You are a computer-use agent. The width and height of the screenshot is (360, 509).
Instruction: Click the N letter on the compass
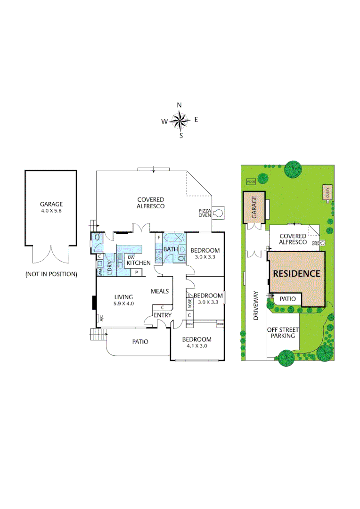pyautogui.click(x=179, y=105)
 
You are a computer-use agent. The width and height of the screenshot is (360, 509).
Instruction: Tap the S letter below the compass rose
pyautogui.click(x=180, y=136)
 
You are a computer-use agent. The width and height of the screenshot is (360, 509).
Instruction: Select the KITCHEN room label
pyautogui.click(x=139, y=263)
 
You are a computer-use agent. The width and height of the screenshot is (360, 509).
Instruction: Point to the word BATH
pyautogui.click(x=170, y=249)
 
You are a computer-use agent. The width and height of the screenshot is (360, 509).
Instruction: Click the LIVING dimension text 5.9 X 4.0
pyautogui.click(x=124, y=304)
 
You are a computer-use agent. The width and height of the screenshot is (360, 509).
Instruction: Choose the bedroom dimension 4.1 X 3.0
pyautogui.click(x=196, y=345)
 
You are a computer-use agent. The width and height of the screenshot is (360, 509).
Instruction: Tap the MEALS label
pyautogui.click(x=160, y=291)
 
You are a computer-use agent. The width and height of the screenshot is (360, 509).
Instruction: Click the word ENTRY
pyautogui.click(x=162, y=315)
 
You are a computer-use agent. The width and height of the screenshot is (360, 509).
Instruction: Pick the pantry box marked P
pyautogui.click(x=137, y=272)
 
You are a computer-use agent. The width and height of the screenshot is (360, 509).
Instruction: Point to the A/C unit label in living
pyautogui.click(x=100, y=319)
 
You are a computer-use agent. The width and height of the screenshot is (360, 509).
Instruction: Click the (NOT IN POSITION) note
pyautogui.click(x=51, y=274)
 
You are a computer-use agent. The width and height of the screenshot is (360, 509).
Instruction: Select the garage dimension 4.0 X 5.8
pyautogui.click(x=51, y=211)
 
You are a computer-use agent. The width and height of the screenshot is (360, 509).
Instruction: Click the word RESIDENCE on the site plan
pyautogui.click(x=297, y=273)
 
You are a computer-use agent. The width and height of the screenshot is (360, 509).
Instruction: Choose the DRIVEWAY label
pyautogui.click(x=256, y=306)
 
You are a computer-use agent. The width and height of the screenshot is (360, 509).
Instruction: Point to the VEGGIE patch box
pyautogui.click(x=250, y=181)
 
